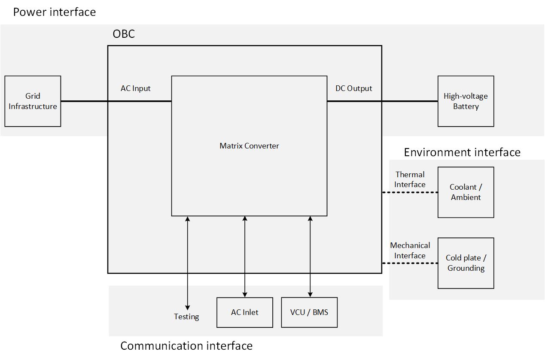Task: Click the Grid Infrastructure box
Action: [x=33, y=101]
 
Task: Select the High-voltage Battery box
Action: [x=466, y=101]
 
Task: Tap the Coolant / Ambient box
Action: [x=466, y=192]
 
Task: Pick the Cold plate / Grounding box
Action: [x=466, y=263]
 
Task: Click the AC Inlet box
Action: [x=245, y=312]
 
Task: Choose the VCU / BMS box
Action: [x=309, y=312]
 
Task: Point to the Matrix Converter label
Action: [x=249, y=146]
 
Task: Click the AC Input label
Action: [x=136, y=88]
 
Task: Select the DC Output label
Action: [x=353, y=88]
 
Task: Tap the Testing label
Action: [x=186, y=317]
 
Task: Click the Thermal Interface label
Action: [x=410, y=179]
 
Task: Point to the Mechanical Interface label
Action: [x=410, y=251]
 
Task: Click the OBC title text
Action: [x=124, y=34]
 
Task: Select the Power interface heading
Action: [x=55, y=12]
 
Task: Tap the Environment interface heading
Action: [x=462, y=152]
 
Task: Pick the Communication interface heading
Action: [x=186, y=346]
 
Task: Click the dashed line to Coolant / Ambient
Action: [x=410, y=193]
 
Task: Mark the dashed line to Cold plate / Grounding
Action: [x=410, y=263]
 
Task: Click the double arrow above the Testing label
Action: [x=188, y=262]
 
